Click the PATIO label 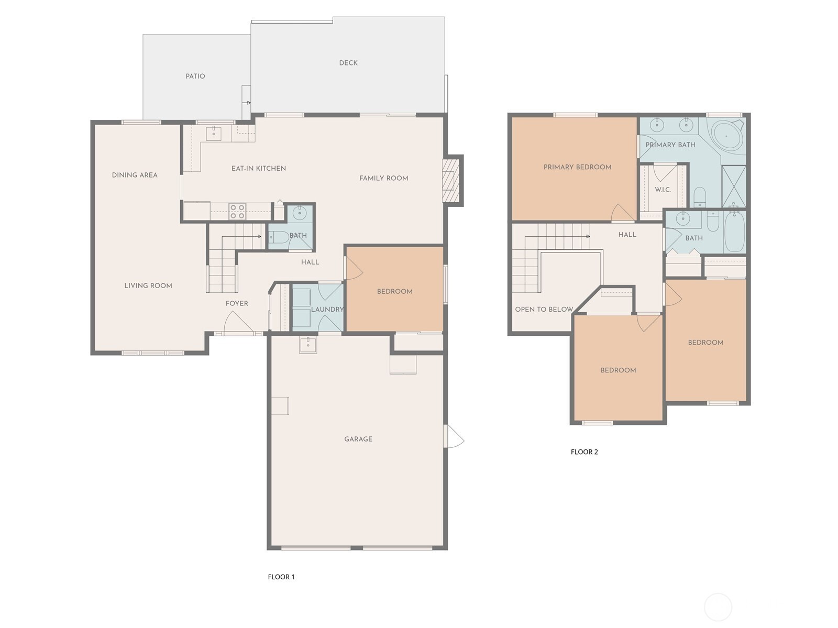click(x=195, y=76)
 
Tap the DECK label click(x=348, y=63)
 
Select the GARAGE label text click(x=358, y=439)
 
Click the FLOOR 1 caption click(x=281, y=577)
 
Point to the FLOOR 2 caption click(x=584, y=452)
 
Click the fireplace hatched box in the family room click(x=449, y=180)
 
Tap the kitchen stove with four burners click(x=237, y=212)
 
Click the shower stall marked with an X click(x=734, y=187)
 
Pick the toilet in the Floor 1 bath click(x=278, y=237)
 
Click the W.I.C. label click(x=663, y=190)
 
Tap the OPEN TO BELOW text click(x=544, y=309)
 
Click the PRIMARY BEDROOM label click(x=577, y=167)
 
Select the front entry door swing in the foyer click(x=237, y=323)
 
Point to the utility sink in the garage click(x=308, y=345)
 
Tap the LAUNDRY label click(x=327, y=309)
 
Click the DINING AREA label click(x=135, y=175)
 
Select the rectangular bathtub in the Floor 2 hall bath click(x=734, y=232)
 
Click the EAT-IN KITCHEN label click(x=258, y=168)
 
